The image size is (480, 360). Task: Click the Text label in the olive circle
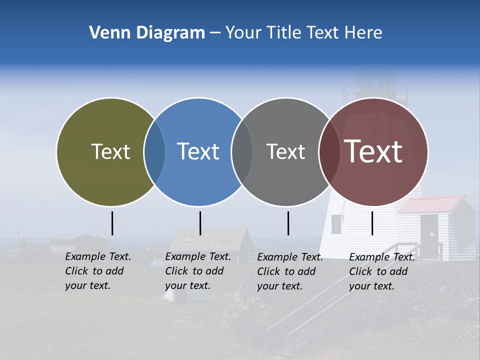click(x=110, y=151)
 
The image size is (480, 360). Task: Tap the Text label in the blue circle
click(x=198, y=151)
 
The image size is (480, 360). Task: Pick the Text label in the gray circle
click(x=285, y=151)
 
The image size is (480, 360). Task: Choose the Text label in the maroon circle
click(x=373, y=151)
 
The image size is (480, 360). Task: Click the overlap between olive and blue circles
click(x=154, y=152)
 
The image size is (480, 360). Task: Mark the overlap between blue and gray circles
click(x=242, y=152)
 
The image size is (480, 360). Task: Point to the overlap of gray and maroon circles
click(x=329, y=152)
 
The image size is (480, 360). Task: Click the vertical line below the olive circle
click(x=112, y=223)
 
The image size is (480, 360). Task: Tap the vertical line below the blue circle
click(x=200, y=223)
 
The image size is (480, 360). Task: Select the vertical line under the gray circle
click(x=288, y=223)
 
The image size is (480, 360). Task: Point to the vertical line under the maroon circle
click(x=372, y=223)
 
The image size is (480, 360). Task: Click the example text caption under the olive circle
click(x=98, y=271)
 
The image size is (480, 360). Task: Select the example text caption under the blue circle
click(x=198, y=271)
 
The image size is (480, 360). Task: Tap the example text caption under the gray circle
click(x=290, y=271)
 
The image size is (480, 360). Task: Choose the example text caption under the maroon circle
click(x=382, y=271)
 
